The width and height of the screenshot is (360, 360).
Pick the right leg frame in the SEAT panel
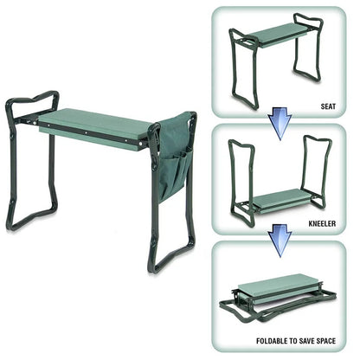(307, 52)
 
